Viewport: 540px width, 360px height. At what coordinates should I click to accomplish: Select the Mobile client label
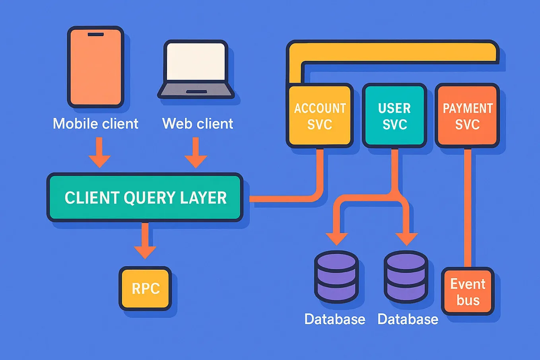95,124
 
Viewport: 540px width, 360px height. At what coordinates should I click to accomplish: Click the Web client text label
198,124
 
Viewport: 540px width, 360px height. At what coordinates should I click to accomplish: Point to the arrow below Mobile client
99,153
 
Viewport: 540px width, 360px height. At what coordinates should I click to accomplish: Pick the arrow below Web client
196,153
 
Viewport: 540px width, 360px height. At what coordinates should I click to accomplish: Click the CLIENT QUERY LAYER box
145,198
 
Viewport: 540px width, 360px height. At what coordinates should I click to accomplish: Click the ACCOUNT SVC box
320,116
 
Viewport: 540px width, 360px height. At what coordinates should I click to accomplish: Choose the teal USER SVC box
394,116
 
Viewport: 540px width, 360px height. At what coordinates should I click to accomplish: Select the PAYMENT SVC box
467,116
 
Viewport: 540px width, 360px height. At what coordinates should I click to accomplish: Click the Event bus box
468,292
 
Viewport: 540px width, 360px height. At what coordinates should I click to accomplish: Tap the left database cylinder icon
336,277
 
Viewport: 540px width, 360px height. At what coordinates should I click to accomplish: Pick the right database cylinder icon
406,277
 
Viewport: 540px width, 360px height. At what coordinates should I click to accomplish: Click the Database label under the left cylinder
335,319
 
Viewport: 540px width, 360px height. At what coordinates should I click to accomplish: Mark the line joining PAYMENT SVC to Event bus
468,207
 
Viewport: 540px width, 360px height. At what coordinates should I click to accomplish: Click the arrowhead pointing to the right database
406,239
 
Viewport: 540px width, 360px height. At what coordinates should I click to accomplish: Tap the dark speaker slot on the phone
95,35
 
